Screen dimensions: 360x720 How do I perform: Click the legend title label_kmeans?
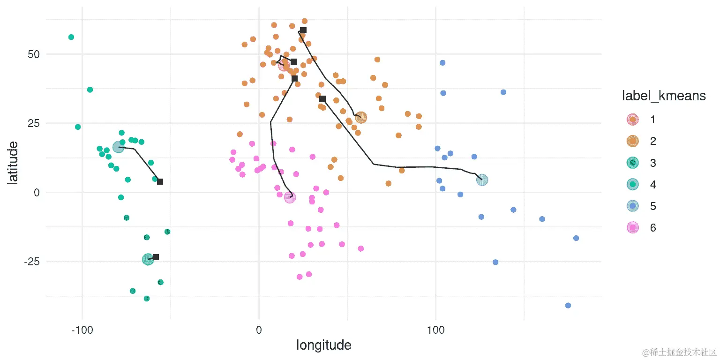(x=663, y=96)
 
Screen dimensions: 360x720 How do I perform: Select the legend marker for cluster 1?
(x=633, y=120)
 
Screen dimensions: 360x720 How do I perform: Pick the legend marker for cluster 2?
(x=633, y=141)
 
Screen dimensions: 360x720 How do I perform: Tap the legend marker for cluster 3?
(x=633, y=163)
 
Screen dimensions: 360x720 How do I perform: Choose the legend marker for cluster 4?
(x=633, y=184)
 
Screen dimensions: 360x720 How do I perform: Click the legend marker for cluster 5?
(x=633, y=206)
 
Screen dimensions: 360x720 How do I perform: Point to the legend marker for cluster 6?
(x=633, y=228)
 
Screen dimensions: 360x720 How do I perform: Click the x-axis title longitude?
(x=324, y=345)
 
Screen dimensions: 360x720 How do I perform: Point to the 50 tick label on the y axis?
(x=33, y=54)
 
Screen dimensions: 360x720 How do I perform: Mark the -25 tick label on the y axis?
(x=31, y=262)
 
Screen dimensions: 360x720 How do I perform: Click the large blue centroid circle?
(x=482, y=180)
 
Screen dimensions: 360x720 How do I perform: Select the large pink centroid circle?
(x=290, y=197)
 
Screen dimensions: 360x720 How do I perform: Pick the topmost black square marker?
(x=303, y=30)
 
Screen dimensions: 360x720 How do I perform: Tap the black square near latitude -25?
(x=156, y=257)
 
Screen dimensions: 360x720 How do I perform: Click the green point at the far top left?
(x=71, y=37)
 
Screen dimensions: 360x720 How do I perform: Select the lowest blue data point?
(x=568, y=306)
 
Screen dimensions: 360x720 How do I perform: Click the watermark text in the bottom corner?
(x=679, y=352)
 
